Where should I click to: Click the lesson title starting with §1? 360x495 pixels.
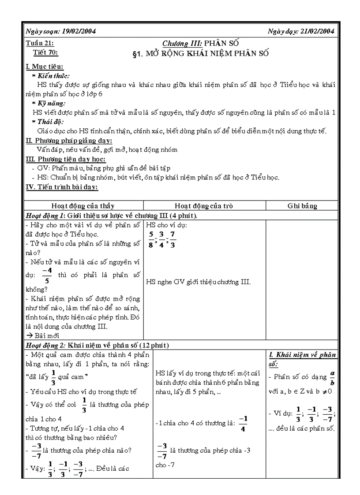tap(200, 54)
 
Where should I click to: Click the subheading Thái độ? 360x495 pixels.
tap(49, 122)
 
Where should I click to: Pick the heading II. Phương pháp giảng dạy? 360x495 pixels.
tap(69, 140)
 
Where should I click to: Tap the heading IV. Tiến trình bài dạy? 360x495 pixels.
tap(62, 187)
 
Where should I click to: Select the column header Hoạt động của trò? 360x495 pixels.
tap(204, 206)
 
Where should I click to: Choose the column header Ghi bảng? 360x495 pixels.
tap(302, 206)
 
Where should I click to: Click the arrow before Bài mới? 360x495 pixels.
tap(28, 335)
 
